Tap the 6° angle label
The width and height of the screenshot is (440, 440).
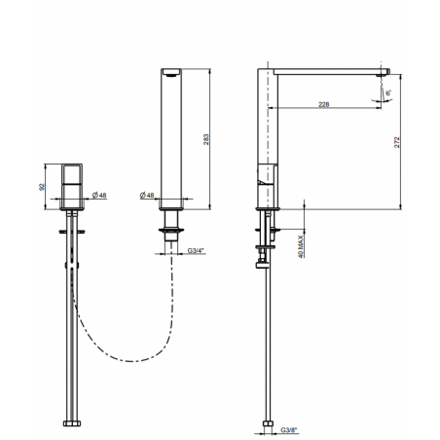(x=388, y=91)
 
